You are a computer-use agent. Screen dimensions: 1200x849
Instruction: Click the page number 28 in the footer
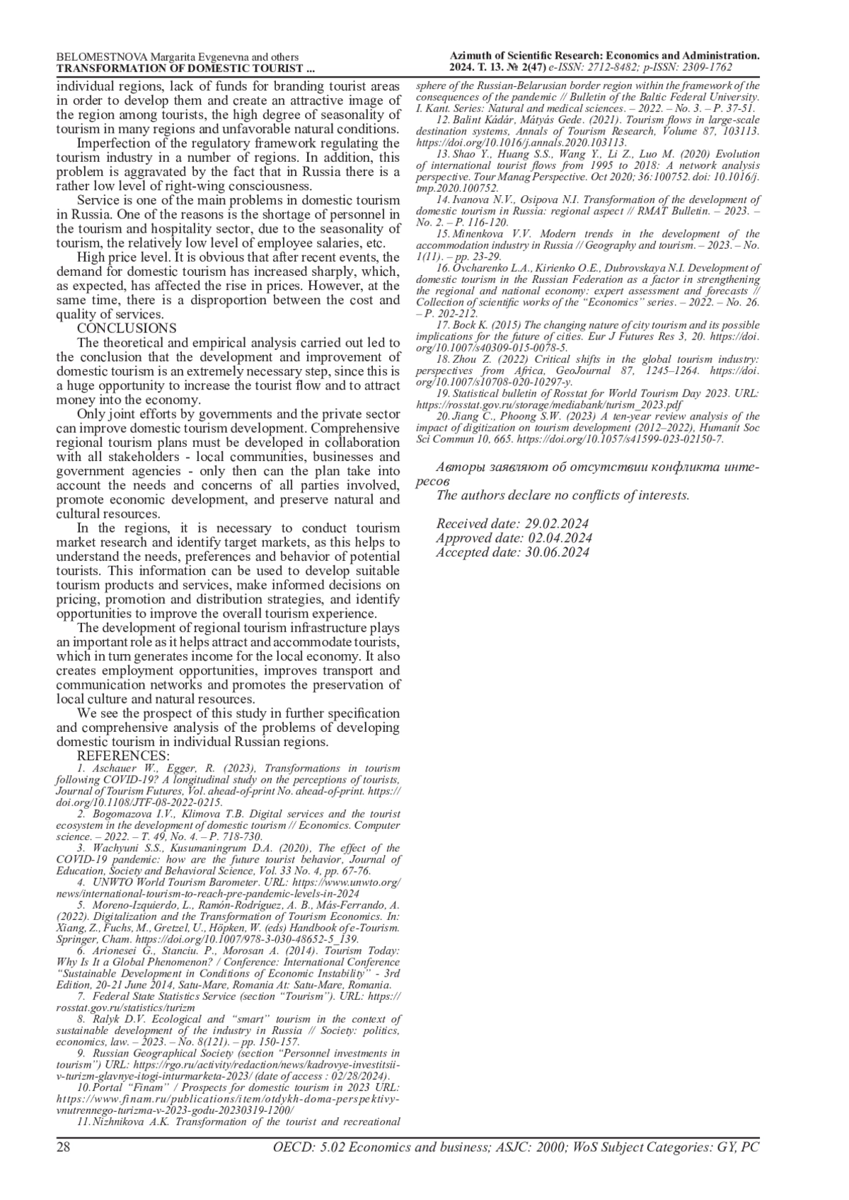click(63, 1147)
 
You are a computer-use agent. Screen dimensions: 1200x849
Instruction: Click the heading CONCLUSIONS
click(127, 328)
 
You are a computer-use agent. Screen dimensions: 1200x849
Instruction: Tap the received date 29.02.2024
click(557, 524)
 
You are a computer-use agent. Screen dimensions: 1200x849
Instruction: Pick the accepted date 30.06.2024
click(556, 552)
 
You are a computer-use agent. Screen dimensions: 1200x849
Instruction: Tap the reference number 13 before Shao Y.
click(443, 154)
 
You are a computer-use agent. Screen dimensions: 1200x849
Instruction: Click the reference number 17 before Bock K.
click(443, 325)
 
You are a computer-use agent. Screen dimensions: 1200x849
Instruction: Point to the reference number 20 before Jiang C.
click(443, 416)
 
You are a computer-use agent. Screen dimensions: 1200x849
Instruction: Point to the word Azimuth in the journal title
click(470, 56)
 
